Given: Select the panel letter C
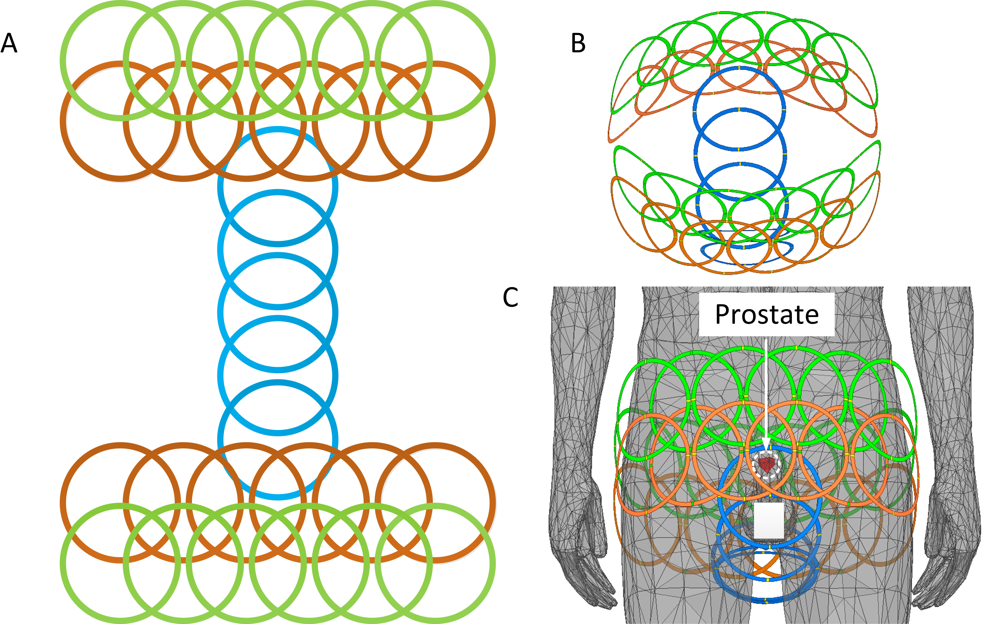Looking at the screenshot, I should click(510, 298).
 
